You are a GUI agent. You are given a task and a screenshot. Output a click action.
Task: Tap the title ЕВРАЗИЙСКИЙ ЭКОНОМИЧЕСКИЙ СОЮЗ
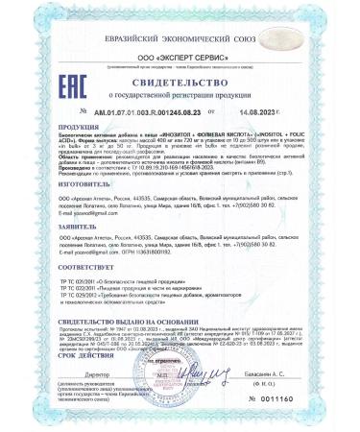tap(180, 12)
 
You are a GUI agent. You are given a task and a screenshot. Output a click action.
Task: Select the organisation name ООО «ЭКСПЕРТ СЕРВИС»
tap(180, 31)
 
